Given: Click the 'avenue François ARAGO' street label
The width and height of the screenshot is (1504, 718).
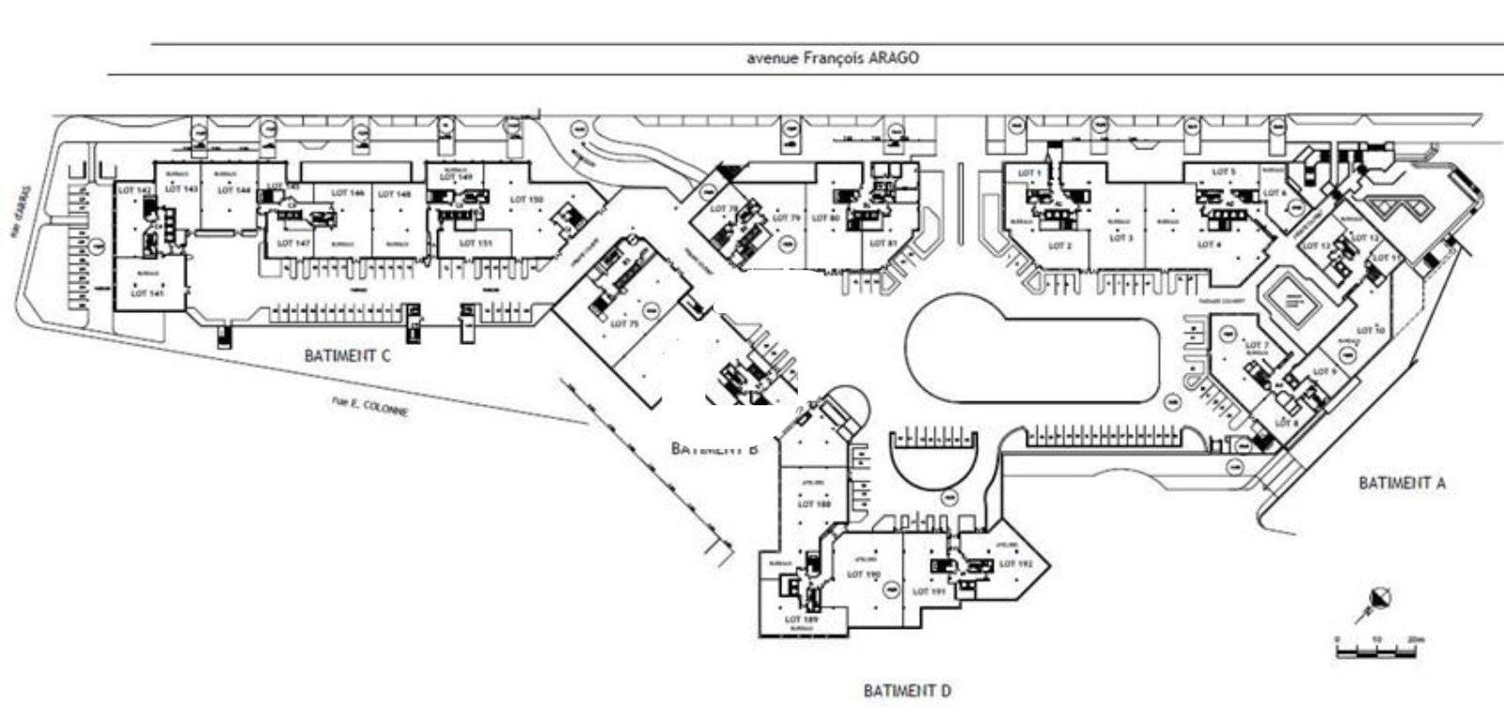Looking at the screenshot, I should coord(832,58).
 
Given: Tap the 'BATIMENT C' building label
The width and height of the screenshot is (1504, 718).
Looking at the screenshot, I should coord(347,356).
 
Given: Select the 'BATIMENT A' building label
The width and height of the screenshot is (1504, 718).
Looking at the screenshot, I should coord(1402,483).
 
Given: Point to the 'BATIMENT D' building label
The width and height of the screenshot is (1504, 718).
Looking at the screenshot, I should coord(907,691).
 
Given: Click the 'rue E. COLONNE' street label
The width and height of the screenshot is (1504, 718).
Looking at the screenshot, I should coord(370,407).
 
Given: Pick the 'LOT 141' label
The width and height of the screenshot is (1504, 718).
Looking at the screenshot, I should coord(147,293).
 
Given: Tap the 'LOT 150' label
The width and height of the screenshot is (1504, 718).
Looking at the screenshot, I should coord(526,199).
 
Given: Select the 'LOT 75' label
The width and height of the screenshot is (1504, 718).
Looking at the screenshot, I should coord(624,323).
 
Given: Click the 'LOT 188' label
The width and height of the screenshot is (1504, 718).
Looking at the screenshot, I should coord(814,504).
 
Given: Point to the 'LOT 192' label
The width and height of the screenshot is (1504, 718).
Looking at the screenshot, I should coord(1015,564).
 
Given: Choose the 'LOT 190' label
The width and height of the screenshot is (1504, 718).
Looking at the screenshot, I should coord(863,574).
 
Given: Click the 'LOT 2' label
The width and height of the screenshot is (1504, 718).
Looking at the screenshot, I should coord(1059,246).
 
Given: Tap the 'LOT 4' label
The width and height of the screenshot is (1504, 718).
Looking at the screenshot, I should coord(1208,244).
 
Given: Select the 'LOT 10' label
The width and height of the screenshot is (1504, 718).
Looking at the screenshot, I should coord(1371,331).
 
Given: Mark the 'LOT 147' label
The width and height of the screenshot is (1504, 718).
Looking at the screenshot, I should coord(293,242).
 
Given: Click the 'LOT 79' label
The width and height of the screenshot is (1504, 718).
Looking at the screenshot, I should coord(786,218).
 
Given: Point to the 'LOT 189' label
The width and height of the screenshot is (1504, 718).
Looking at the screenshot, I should coord(801,619).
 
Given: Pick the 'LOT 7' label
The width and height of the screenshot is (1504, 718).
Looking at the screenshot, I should coord(1257,346).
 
